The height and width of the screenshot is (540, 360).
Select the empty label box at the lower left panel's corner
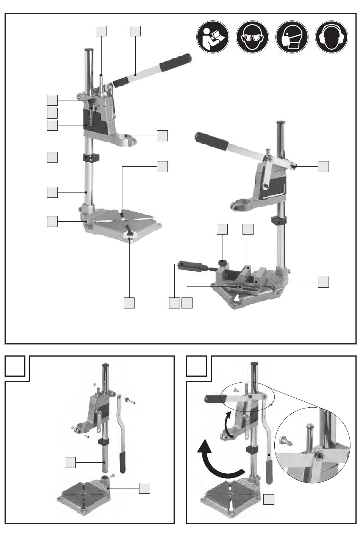click(x=15, y=366)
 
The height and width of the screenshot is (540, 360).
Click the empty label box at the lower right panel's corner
click(x=197, y=366)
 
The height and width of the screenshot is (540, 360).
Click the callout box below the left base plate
click(x=130, y=302)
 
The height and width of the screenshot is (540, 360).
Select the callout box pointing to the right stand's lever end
click(x=323, y=166)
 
